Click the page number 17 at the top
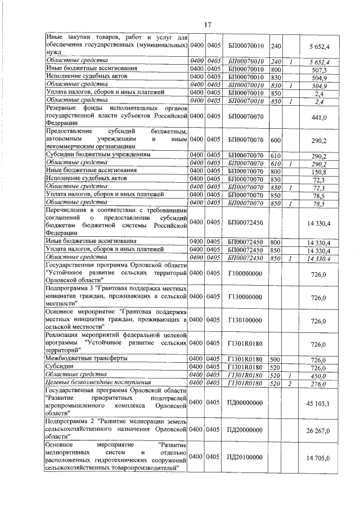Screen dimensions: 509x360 tap(207, 25)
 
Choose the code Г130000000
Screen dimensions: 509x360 tap(246, 298)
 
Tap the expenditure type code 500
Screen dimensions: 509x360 tap(276, 358)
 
